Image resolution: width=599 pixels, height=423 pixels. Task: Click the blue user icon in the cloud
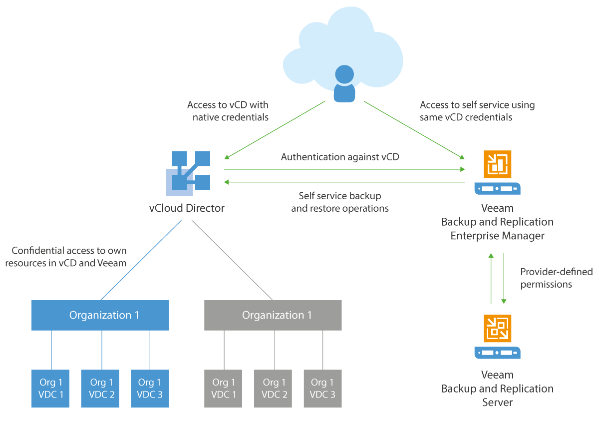(344, 83)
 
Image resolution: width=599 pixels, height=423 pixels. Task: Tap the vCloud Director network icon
(188, 173)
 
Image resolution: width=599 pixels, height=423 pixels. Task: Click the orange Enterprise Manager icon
(497, 164)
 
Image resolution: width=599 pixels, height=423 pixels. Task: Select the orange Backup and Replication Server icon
(497, 328)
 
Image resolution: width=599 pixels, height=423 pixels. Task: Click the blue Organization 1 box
(100, 315)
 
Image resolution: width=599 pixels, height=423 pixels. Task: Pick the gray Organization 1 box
(273, 315)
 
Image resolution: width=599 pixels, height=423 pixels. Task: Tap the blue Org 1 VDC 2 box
(100, 389)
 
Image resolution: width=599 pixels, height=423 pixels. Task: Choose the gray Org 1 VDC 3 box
(322, 389)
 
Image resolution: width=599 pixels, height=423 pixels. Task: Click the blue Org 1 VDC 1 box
(50, 389)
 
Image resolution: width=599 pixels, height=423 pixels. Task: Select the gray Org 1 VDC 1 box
(223, 389)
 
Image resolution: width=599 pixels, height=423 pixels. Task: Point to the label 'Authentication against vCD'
(340, 157)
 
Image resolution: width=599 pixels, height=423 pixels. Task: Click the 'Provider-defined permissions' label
(556, 278)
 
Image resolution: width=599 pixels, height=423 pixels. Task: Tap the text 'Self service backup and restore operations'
(339, 202)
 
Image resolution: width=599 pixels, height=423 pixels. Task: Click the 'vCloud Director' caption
(187, 208)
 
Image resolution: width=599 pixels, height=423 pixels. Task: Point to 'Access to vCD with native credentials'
(228, 111)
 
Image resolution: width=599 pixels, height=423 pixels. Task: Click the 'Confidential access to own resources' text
(66, 257)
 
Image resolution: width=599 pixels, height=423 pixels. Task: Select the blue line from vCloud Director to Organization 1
(141, 260)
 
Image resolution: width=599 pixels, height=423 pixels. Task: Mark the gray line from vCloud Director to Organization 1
(232, 260)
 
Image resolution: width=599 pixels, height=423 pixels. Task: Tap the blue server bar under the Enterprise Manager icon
(497, 189)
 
